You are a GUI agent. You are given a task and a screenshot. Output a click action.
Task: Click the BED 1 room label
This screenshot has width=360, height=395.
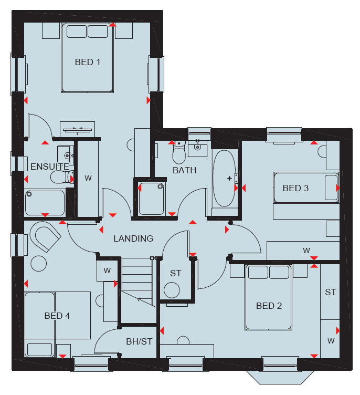tap(87, 62)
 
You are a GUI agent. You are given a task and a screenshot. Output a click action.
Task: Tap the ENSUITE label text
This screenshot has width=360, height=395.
tap(50, 167)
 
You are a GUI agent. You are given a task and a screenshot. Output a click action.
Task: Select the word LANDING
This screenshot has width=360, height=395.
tap(133, 238)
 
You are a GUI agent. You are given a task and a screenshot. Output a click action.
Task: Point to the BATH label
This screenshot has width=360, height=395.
tap(184, 170)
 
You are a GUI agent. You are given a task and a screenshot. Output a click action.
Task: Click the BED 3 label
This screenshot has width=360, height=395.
tap(295, 188)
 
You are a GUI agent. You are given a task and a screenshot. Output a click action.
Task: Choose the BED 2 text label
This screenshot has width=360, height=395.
tap(269, 306)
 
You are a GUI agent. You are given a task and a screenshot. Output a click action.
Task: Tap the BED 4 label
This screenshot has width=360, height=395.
tap(57, 316)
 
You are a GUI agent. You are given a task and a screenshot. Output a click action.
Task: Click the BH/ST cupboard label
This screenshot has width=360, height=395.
tap(139, 341)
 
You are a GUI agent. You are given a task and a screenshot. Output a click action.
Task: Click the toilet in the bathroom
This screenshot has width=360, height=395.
tap(179, 153)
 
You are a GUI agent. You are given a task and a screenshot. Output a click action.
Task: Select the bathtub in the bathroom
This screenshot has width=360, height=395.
tap(224, 179)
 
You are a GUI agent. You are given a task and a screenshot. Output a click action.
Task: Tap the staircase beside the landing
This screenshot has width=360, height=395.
tap(137, 282)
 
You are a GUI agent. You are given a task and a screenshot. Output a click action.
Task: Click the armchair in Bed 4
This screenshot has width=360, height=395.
tap(45, 236)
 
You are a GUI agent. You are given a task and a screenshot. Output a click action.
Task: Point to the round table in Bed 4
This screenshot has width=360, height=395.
tap(38, 264)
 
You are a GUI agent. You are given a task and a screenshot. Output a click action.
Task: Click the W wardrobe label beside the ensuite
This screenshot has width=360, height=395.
tap(88, 178)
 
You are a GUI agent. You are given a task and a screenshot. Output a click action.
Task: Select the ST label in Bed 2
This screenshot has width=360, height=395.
tap(330, 292)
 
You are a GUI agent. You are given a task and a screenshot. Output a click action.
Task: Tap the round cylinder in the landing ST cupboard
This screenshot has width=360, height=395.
tap(172, 290)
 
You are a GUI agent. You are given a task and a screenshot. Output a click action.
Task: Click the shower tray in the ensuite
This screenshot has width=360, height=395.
tap(45, 203)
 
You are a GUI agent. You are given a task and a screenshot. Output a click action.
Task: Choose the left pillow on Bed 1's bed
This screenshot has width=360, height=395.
tap(77, 32)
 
